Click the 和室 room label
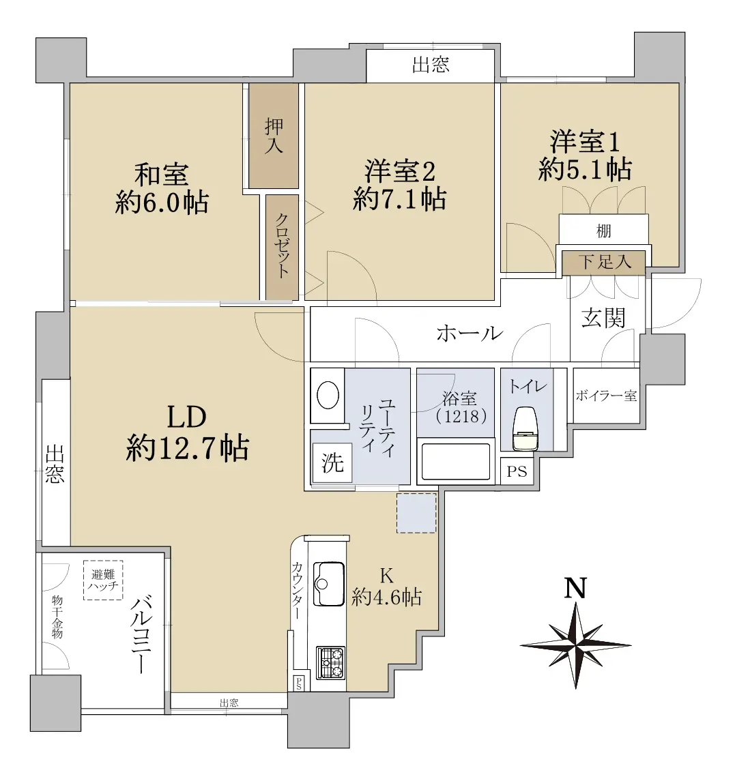coord(162,175)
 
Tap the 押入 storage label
coord(274,136)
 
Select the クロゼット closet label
coord(282,245)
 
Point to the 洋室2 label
coord(400,171)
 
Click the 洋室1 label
coord(585,141)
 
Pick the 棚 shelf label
coord(603,231)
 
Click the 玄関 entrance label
coord(603,318)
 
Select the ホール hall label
coord(470,334)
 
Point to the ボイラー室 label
coord(607,396)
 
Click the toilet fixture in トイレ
coord(525,428)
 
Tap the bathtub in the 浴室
coord(455,461)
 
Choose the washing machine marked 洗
coord(332,462)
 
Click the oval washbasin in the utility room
coord(328,396)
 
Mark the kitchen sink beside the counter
coord(329,584)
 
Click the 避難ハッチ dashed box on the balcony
coord(103,580)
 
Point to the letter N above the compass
coord(575,588)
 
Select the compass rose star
coord(575,645)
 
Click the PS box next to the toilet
coord(517,471)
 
